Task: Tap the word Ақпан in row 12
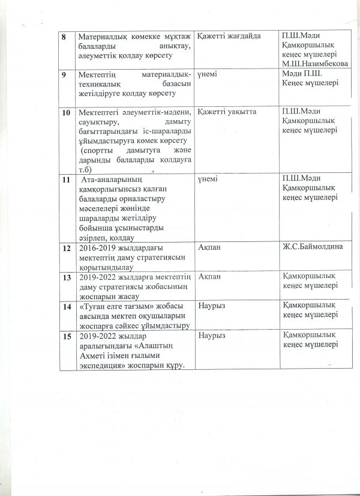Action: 209,247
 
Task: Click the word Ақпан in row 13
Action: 209,276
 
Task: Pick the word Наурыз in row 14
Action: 211,306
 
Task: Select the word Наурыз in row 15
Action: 211,336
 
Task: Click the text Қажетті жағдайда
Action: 229,37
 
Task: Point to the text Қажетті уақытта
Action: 227,113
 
